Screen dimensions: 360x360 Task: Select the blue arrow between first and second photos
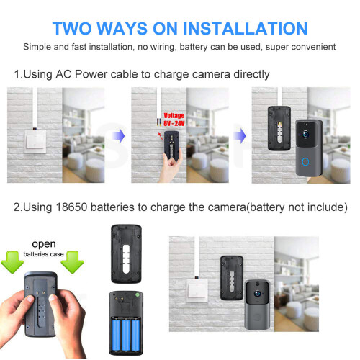(x=121, y=135)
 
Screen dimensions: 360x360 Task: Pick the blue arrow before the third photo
(x=240, y=135)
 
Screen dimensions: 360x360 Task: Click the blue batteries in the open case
(x=123, y=331)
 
